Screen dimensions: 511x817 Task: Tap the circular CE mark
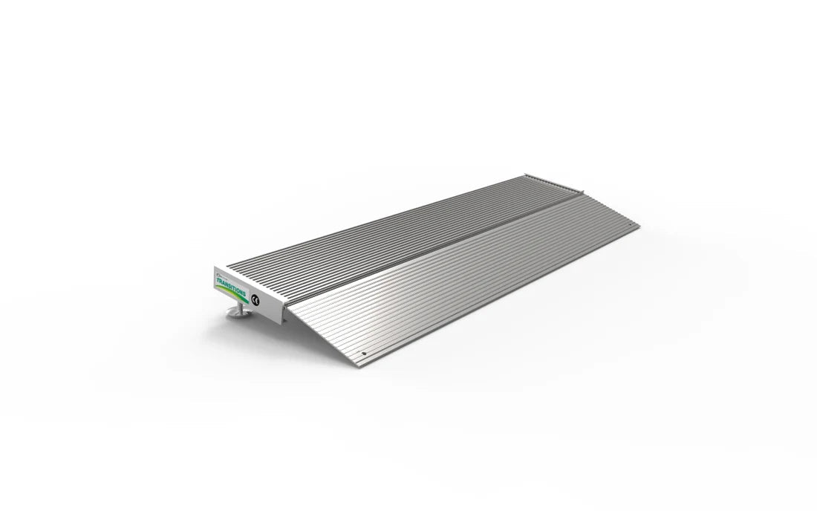(x=256, y=299)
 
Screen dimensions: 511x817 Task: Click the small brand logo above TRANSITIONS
(x=218, y=273)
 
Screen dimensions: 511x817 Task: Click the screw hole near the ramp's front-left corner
(x=362, y=354)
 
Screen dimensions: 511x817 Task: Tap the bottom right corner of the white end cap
(x=283, y=323)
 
